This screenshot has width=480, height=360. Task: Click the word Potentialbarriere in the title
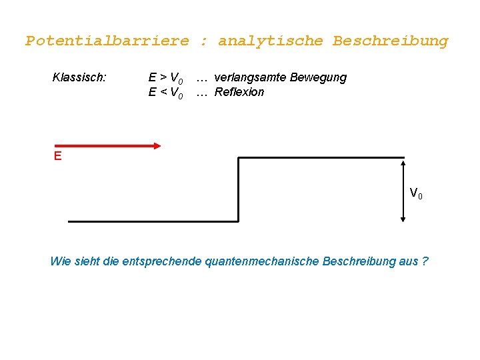pyautogui.click(x=107, y=41)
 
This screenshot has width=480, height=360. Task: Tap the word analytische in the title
pyautogui.click(x=271, y=41)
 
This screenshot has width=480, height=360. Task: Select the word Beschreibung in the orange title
pyautogui.click(x=391, y=41)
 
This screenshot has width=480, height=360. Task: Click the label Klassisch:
pyautogui.click(x=79, y=77)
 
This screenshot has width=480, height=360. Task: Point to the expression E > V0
pyautogui.click(x=165, y=78)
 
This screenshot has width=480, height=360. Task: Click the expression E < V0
pyautogui.click(x=165, y=93)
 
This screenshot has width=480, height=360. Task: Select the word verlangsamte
pyautogui.click(x=250, y=77)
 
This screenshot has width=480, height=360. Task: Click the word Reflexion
pyautogui.click(x=239, y=92)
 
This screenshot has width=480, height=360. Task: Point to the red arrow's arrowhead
pyautogui.click(x=157, y=145)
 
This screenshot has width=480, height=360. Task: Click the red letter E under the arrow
pyautogui.click(x=58, y=156)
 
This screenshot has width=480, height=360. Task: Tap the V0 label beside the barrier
pyautogui.click(x=416, y=194)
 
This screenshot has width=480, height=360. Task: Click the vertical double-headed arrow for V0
pyautogui.click(x=403, y=189)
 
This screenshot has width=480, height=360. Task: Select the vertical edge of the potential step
pyautogui.click(x=239, y=189)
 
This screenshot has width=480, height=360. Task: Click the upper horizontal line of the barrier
pyautogui.click(x=320, y=157)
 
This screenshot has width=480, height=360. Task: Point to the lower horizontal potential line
pyautogui.click(x=153, y=221)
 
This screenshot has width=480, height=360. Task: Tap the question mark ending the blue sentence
pyautogui.click(x=425, y=261)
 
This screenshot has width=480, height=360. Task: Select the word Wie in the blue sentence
pyautogui.click(x=59, y=261)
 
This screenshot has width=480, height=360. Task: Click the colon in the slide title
pyautogui.click(x=204, y=41)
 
